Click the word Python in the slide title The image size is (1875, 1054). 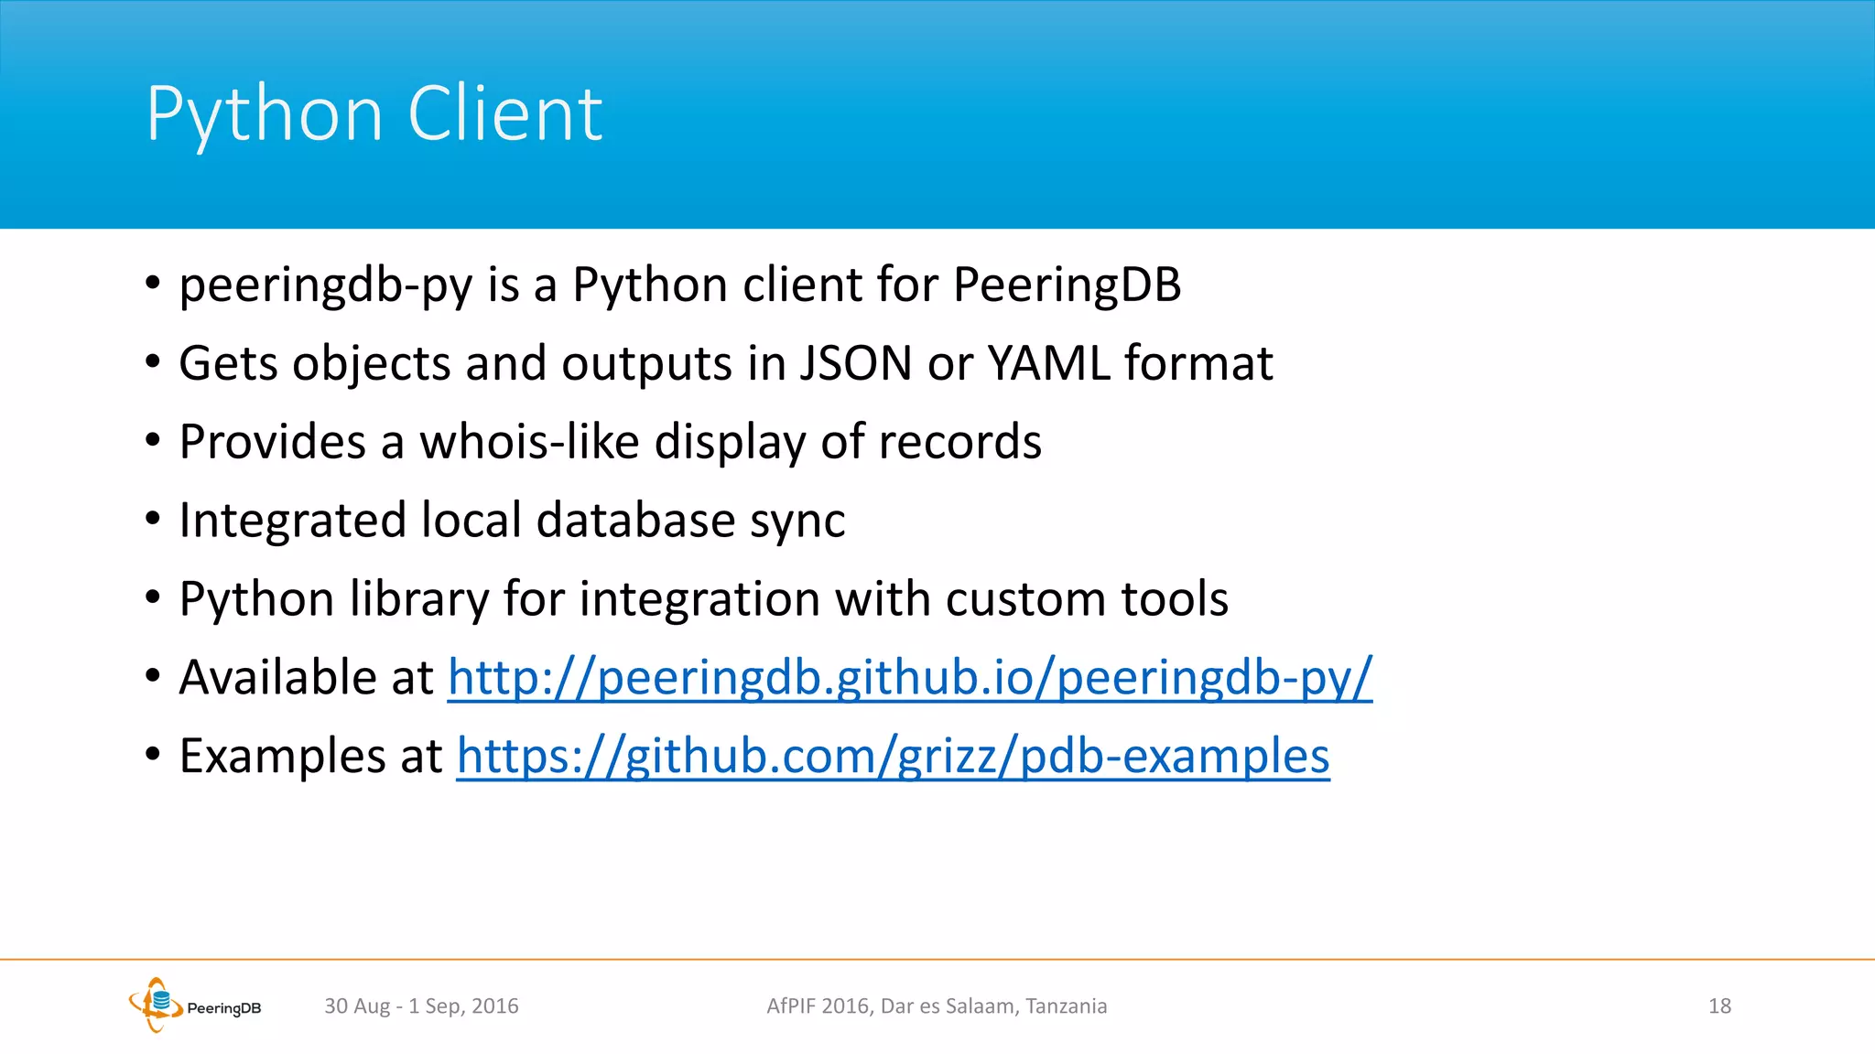coord(264,115)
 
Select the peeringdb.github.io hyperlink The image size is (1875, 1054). coord(909,678)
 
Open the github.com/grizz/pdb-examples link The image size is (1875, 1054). coord(893,757)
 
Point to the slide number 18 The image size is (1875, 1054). coord(1719,1006)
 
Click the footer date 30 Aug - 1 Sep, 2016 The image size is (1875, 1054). coord(421,1006)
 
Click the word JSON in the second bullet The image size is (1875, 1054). coord(856,364)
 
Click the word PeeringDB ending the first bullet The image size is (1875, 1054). coord(1067,285)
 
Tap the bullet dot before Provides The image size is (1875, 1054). coord(153,441)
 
